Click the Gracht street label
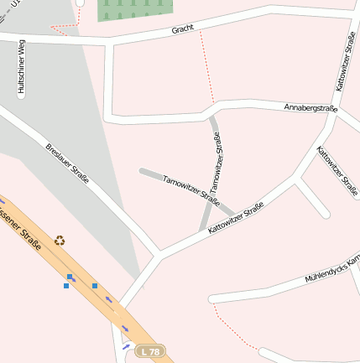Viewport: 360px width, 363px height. coord(182,29)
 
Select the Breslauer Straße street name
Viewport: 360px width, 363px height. coord(68,165)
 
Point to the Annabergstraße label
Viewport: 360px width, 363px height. coord(310,108)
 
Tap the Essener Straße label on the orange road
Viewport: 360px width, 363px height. coord(22,235)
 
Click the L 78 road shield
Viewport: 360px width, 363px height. coord(150,351)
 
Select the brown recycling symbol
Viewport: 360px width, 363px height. coord(60,241)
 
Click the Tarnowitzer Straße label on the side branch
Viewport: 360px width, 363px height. coord(190,190)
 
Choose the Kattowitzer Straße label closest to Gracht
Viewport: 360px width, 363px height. coord(345,63)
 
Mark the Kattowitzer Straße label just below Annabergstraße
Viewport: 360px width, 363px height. coord(337,172)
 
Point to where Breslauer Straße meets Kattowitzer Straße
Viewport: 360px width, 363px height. coord(160,253)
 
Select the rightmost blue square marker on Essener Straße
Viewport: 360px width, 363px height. coord(95,286)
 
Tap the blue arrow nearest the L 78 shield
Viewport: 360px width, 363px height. coord(127,345)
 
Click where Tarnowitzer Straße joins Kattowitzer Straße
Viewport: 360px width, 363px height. coord(204,231)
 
